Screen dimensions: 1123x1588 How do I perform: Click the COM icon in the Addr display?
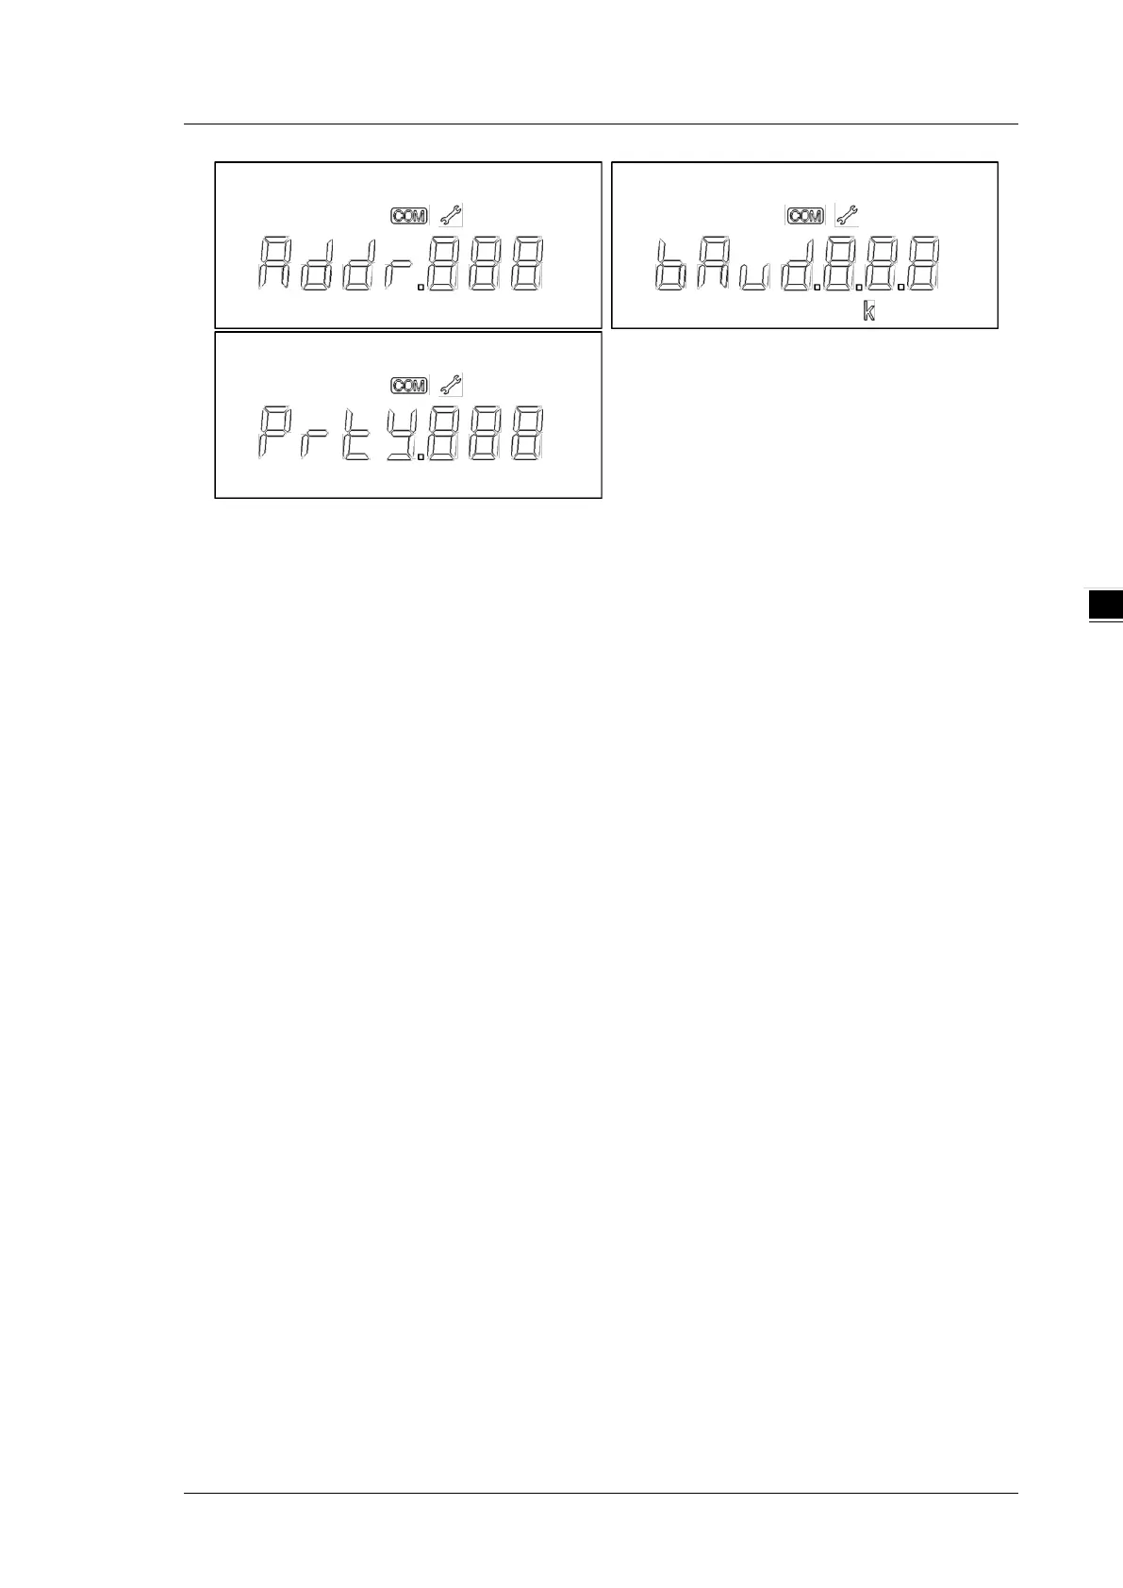[x=409, y=216]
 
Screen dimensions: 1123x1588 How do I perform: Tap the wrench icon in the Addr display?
[x=452, y=215]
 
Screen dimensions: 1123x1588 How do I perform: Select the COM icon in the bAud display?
[x=805, y=216]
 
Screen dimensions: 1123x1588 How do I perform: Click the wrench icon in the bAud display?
[x=848, y=215]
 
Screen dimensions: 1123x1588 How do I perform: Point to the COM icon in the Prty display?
[x=409, y=386]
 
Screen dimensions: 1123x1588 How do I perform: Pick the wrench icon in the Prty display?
[x=452, y=385]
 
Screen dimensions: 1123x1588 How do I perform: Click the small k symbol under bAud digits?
[x=869, y=310]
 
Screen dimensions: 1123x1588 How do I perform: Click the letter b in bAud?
[x=670, y=264]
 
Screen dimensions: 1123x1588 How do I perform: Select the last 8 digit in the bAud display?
[x=923, y=264]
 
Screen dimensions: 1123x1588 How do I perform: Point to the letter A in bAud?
[x=712, y=264]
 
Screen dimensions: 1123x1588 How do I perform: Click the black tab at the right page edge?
[x=1105, y=605]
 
